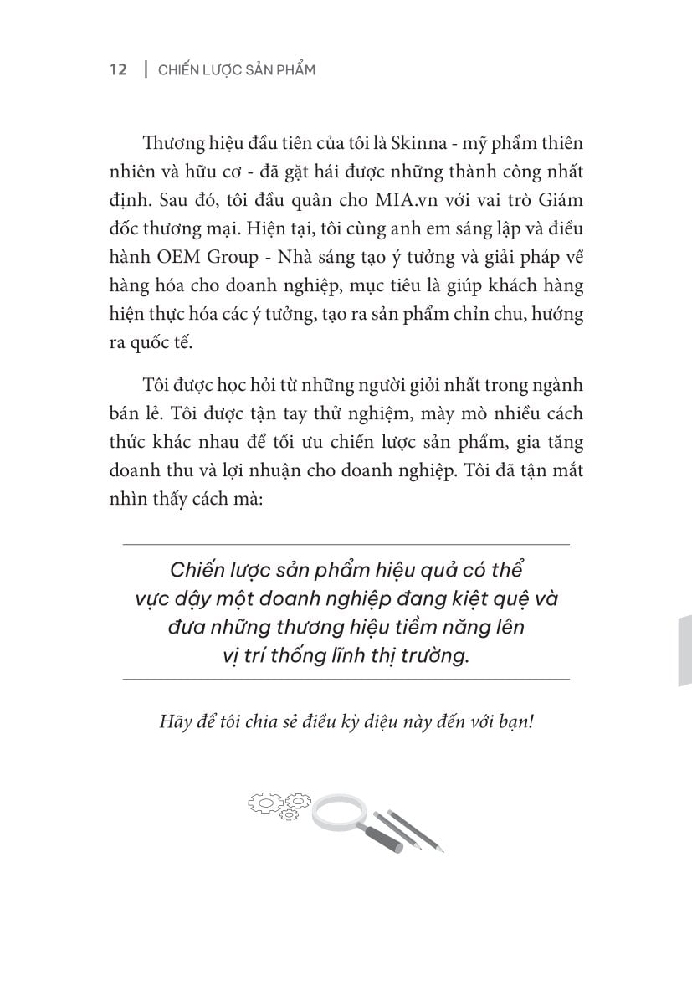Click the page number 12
(118, 70)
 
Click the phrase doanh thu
(156, 472)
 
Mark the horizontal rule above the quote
(346, 544)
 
